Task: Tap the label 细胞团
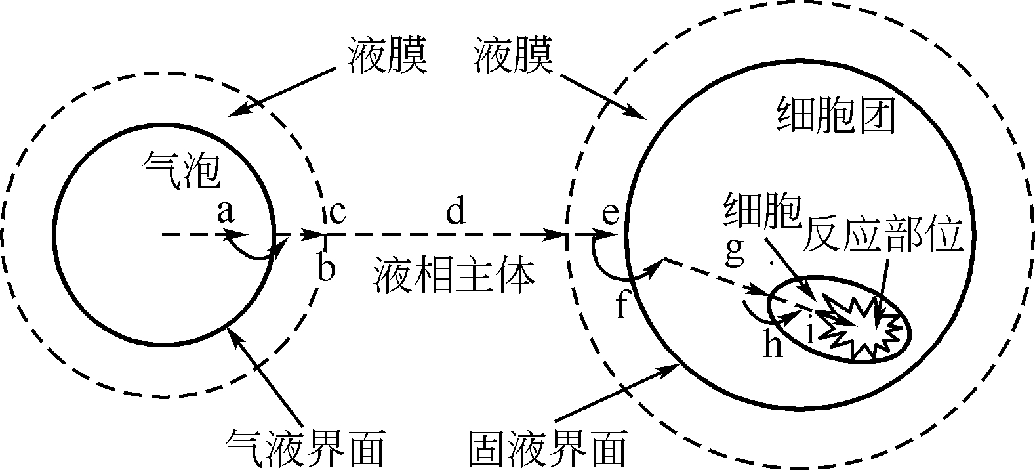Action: point(837,115)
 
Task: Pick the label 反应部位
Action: point(883,234)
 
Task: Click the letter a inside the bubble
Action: point(226,212)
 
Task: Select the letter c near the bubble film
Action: point(337,213)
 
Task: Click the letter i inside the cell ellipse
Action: point(809,329)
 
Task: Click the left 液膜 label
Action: point(387,56)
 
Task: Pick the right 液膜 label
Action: point(514,56)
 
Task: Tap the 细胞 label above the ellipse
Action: point(763,211)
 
